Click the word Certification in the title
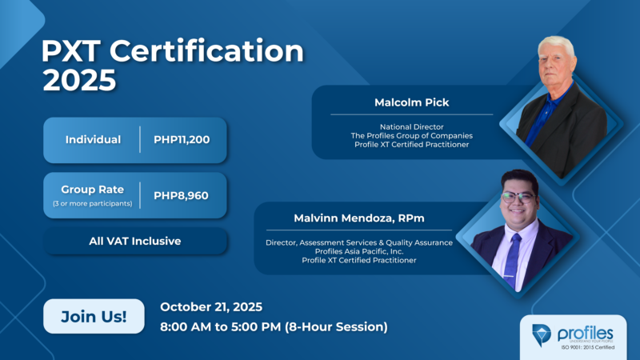(206, 53)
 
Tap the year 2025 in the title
(79, 81)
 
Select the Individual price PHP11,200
(182, 140)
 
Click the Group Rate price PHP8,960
(182, 194)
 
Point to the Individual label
(93, 140)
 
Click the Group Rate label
(93, 189)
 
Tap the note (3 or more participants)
(93, 203)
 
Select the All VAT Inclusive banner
(134, 241)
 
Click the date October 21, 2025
(211, 307)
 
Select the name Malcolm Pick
(411, 102)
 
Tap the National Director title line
(411, 126)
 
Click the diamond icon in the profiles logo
(542, 334)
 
